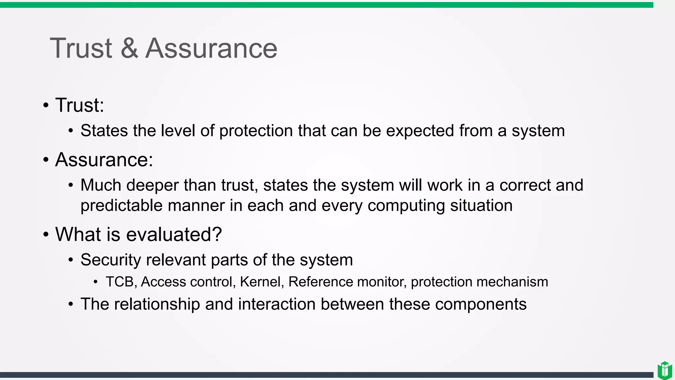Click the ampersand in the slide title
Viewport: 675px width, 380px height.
129,48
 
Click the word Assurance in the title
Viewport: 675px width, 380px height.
211,48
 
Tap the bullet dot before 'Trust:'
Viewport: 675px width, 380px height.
46,106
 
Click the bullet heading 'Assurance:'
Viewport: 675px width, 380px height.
104,160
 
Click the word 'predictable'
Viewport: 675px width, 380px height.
122,206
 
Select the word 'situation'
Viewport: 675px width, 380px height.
482,206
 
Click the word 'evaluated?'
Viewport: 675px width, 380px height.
174,235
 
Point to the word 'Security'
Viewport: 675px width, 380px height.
111,260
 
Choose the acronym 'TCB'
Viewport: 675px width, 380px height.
120,282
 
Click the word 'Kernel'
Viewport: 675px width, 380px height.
260,282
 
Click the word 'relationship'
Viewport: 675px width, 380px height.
157,304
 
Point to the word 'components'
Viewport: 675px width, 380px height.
481,304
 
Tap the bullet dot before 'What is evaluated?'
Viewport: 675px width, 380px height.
46,235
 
